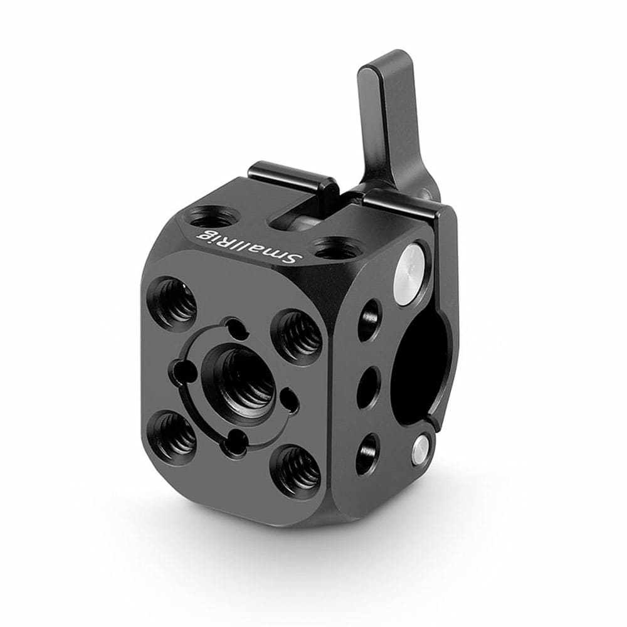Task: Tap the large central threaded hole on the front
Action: (240, 380)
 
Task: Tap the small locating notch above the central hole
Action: (236, 326)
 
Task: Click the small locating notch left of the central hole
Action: (182, 367)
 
